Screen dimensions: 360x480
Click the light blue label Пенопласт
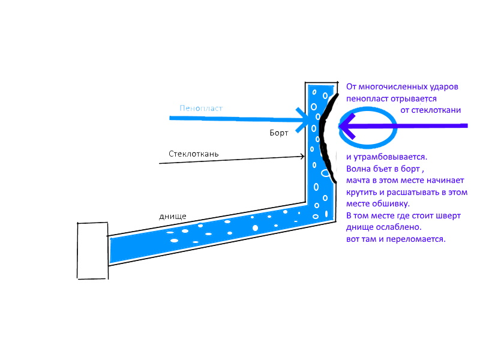pos(201,109)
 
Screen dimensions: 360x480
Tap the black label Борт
pos(279,133)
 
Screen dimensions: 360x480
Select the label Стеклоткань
pos(193,154)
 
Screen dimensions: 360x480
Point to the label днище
pos(172,215)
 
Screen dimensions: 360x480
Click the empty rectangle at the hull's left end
pos(93,250)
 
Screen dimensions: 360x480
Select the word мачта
pos(359,180)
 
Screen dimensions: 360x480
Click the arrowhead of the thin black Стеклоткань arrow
pos(304,157)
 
